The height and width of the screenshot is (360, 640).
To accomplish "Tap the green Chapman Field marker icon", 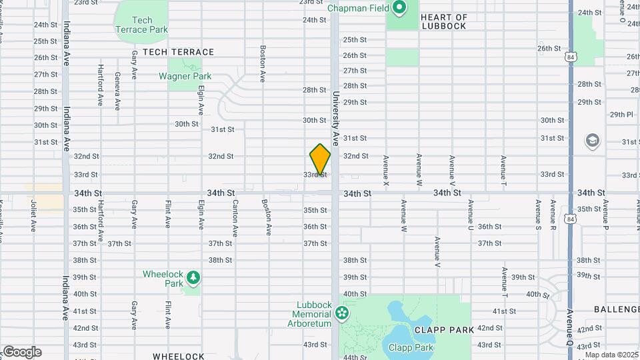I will point(399,9).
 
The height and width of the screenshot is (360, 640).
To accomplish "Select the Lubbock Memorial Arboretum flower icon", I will point(342,312).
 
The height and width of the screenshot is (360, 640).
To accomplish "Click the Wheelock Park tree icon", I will point(193,277).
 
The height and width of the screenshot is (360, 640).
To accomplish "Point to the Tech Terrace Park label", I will point(142,25).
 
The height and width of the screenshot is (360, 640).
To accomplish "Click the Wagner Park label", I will point(185,76).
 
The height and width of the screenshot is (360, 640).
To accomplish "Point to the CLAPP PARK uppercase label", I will point(444,329).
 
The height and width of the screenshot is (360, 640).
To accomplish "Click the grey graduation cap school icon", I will point(592,141).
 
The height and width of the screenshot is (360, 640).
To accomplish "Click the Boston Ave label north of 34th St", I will point(263,63).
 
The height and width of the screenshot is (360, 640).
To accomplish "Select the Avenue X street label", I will point(386,170).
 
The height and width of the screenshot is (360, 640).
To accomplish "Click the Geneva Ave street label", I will point(117,91).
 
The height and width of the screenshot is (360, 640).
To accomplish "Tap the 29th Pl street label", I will point(621,115).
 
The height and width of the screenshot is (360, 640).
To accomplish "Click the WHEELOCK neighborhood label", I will point(178,356).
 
